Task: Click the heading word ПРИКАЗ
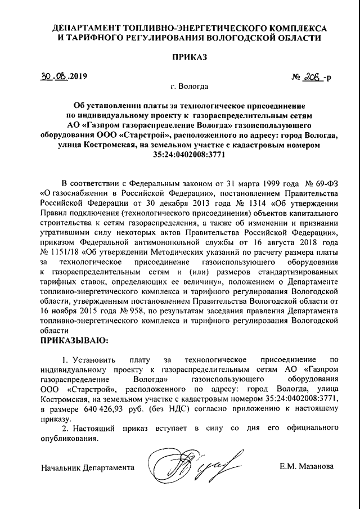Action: click(190, 57)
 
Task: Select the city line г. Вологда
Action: click(190, 87)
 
